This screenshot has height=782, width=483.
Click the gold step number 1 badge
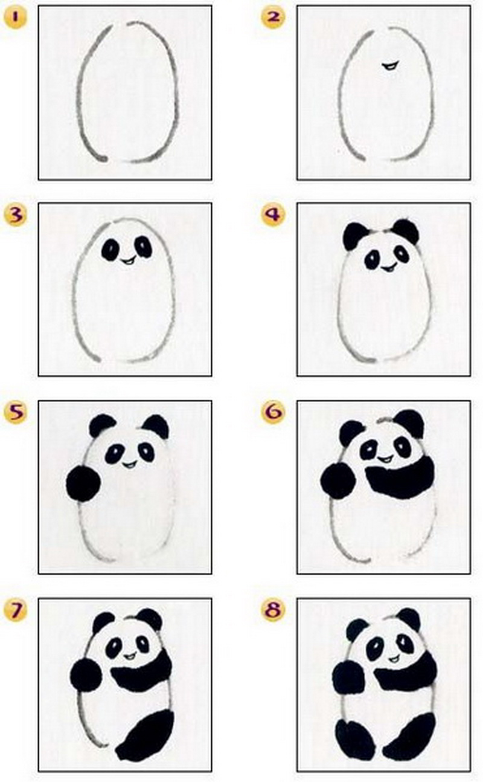click(x=15, y=18)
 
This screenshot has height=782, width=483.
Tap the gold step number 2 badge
click(x=273, y=18)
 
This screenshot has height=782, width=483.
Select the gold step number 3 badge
click(x=15, y=215)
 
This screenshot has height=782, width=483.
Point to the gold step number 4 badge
click(x=273, y=215)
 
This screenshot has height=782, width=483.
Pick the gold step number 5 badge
click(x=15, y=412)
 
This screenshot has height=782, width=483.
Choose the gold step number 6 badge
click(x=273, y=412)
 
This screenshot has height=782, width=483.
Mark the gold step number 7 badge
click(x=15, y=610)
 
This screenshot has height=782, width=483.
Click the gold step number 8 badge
click(x=273, y=610)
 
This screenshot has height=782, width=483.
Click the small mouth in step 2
click(x=390, y=65)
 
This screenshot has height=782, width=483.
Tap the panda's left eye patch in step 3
click(x=111, y=249)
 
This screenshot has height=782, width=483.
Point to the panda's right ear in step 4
click(x=405, y=231)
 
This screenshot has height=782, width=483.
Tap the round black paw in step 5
click(x=83, y=483)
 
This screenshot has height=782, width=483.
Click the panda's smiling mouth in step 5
click(x=130, y=464)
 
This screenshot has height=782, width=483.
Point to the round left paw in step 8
click(x=348, y=677)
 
